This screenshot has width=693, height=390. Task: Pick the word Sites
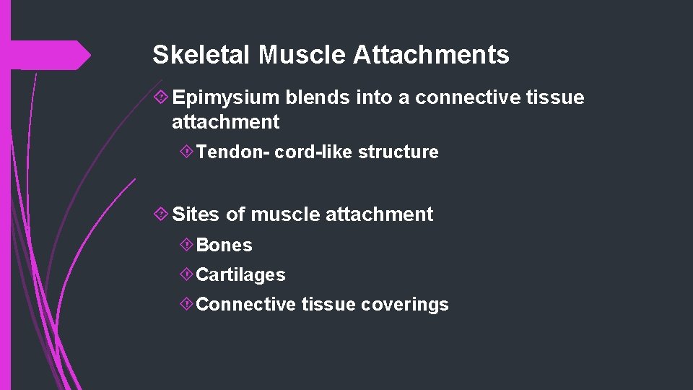pos(196,214)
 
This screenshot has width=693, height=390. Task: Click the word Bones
pos(225,246)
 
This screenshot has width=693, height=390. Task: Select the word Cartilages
pos(240,275)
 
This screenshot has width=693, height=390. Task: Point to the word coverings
pos(405,305)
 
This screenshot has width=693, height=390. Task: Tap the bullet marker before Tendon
pos(186,152)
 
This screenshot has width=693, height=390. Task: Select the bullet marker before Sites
pos(162,214)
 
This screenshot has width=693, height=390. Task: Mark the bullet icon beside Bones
pos(186,245)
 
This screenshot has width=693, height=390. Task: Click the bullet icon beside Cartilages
pos(186,274)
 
